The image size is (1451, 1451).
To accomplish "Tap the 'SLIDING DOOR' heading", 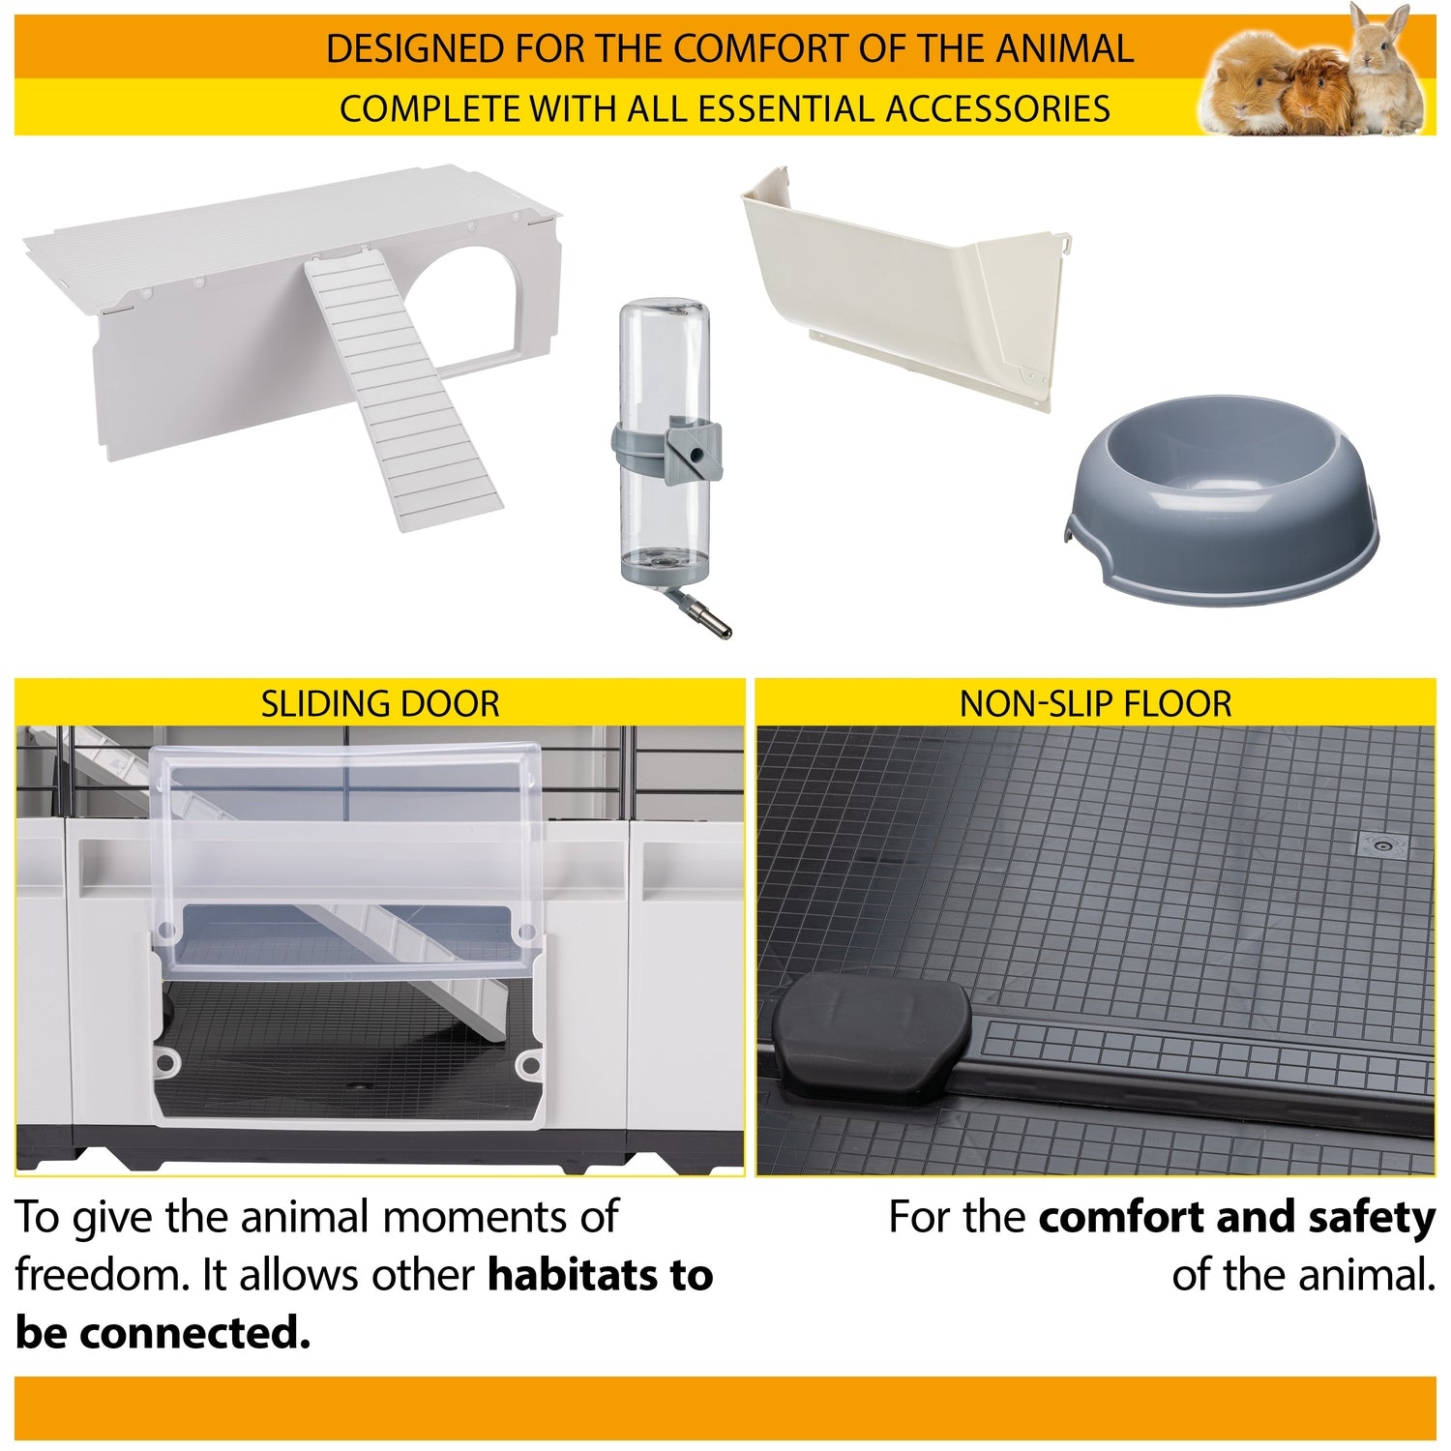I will pyautogui.click(x=380, y=703).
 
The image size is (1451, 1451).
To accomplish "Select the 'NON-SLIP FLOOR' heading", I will pyautogui.click(x=1095, y=703).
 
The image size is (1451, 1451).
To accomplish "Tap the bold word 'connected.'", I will pyautogui.click(x=193, y=1335).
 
